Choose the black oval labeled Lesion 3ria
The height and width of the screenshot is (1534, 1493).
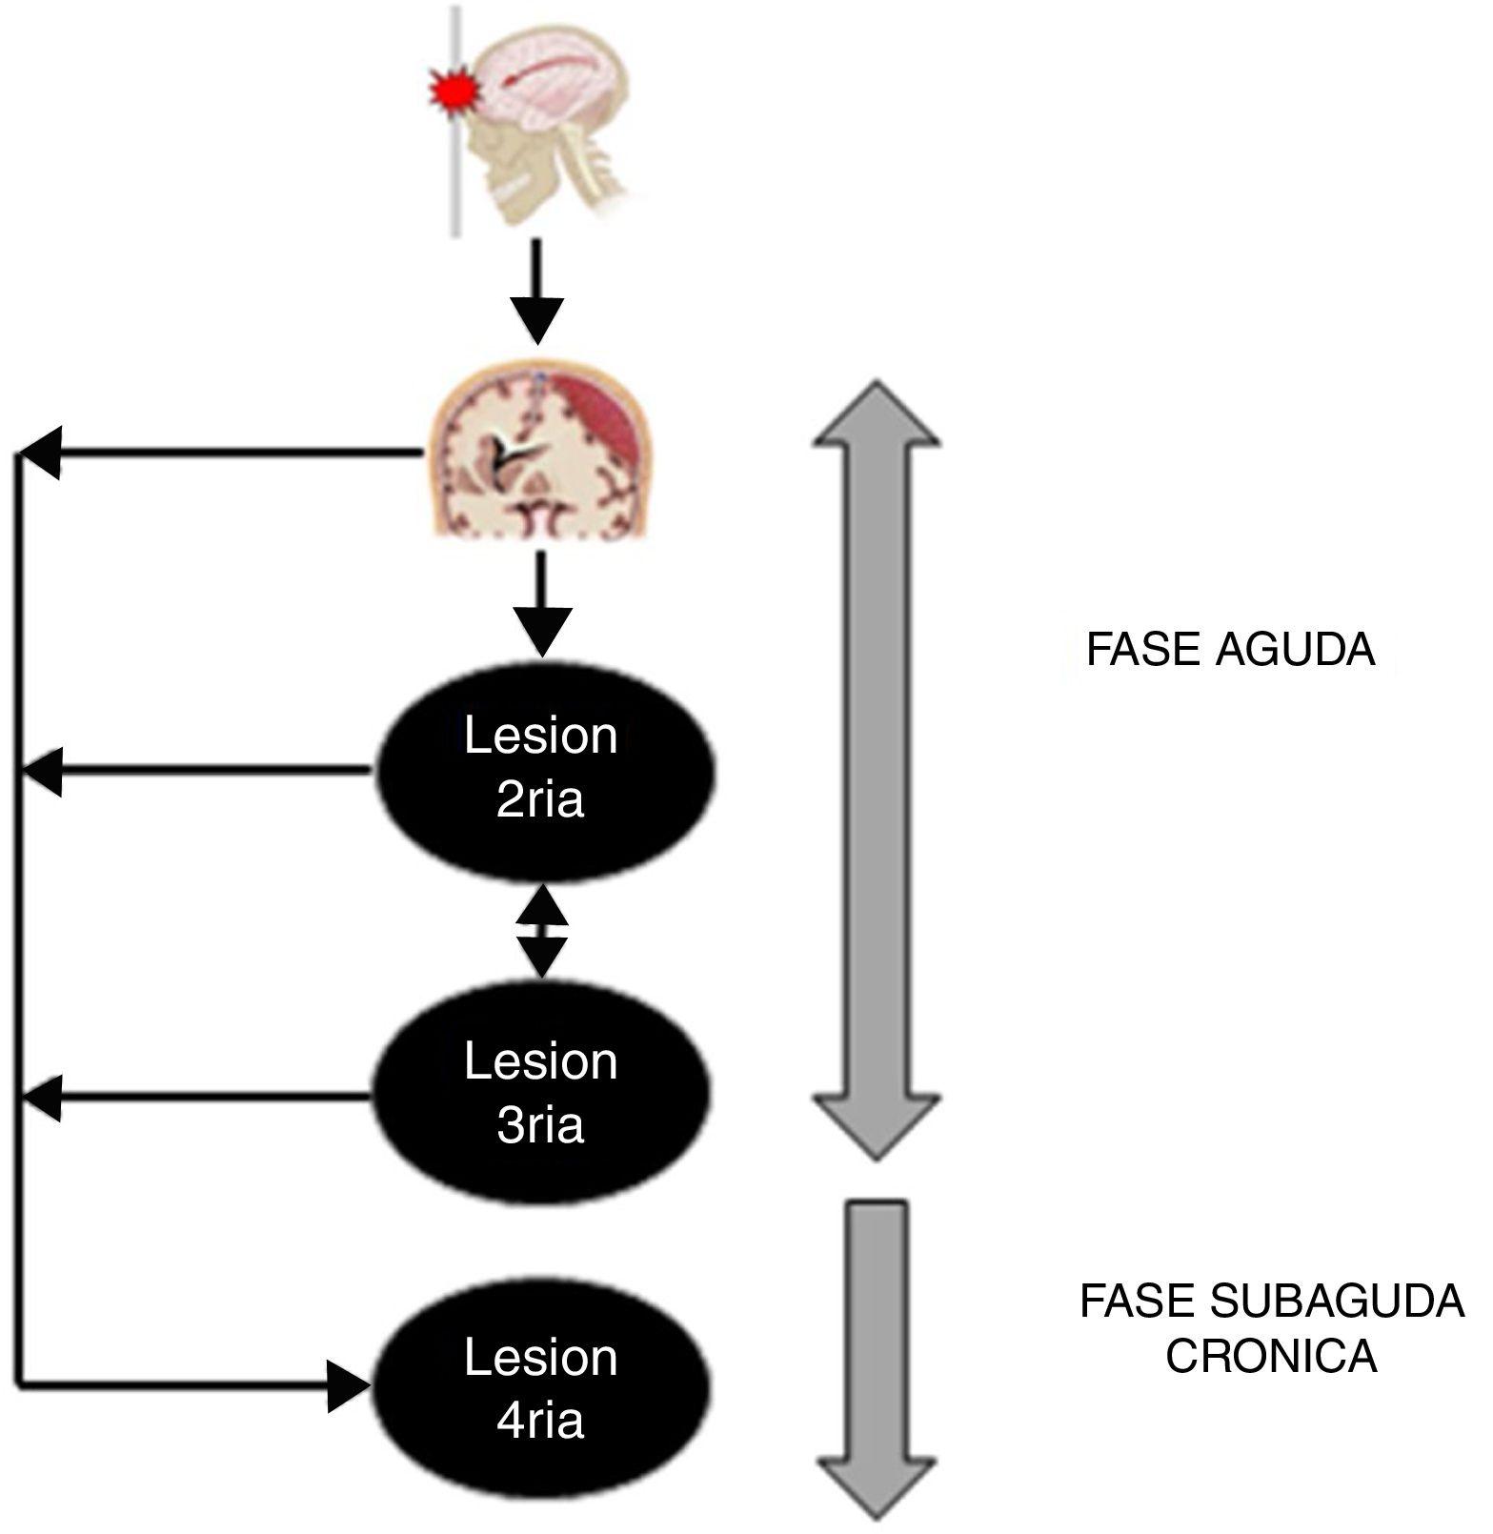(x=541, y=1094)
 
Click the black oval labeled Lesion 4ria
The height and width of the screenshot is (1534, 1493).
(x=541, y=1389)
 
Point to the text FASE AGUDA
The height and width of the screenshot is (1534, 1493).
(x=1230, y=651)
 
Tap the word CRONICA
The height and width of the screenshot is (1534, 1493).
(x=1271, y=1357)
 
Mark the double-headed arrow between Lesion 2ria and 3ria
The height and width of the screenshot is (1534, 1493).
(x=542, y=931)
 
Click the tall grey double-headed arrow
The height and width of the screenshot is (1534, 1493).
(x=876, y=770)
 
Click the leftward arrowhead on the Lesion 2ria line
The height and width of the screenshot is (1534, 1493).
(x=42, y=771)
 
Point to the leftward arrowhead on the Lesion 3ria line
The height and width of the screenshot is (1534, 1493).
(x=42, y=1098)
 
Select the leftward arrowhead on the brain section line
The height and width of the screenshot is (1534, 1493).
(x=42, y=454)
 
